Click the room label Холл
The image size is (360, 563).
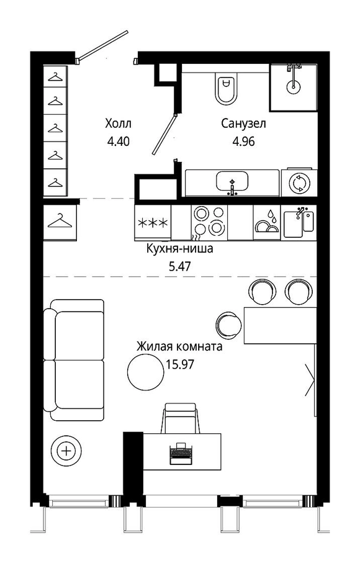(x=118, y=124)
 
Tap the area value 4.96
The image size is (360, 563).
(x=243, y=142)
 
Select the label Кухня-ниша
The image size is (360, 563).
(x=179, y=248)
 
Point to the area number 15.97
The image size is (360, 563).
(x=180, y=365)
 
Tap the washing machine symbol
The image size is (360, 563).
(x=299, y=182)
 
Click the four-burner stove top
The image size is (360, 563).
(x=209, y=223)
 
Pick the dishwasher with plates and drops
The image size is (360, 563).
(x=267, y=223)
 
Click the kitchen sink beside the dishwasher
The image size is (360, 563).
(x=299, y=223)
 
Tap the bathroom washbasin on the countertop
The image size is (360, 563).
(x=232, y=182)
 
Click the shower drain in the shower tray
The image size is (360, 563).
(x=294, y=86)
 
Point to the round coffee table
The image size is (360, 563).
(x=146, y=372)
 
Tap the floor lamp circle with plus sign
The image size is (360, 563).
(x=66, y=450)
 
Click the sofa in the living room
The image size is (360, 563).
(x=74, y=360)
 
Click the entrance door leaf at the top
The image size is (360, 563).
(x=103, y=45)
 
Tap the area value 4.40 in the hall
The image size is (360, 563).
(x=118, y=142)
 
